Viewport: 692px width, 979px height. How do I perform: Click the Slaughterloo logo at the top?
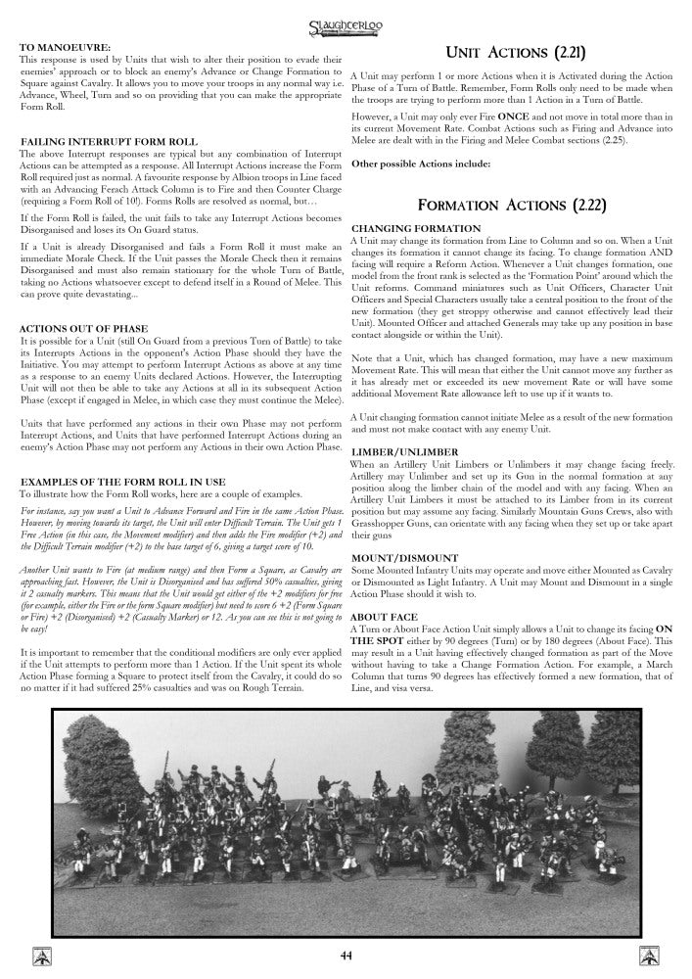[345, 19]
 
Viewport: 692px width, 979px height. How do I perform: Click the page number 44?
[346, 956]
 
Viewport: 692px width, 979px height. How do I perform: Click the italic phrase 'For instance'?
[43, 511]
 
